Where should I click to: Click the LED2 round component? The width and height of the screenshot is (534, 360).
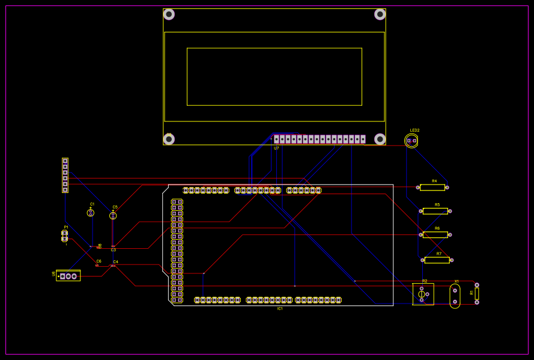(411, 141)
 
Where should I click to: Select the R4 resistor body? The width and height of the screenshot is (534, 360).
(432, 188)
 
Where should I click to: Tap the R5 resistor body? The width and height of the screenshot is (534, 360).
(435, 211)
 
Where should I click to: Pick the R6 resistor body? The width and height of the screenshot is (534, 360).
(435, 234)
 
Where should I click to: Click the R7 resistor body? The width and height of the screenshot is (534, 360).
(437, 260)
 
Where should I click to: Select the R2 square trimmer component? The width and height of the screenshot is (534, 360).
(423, 294)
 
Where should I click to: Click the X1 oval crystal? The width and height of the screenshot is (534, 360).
(455, 296)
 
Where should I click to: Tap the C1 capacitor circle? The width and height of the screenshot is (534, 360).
(91, 213)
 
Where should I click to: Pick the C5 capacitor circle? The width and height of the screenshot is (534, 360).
(113, 215)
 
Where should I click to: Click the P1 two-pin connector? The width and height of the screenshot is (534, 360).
(65, 236)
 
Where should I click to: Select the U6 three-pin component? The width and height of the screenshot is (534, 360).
(68, 276)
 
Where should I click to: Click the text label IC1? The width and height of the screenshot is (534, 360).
(280, 308)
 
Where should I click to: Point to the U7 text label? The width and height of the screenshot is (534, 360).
(276, 148)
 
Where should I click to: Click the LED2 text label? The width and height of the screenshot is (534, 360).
(414, 130)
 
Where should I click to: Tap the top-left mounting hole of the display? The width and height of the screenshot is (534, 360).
(169, 14)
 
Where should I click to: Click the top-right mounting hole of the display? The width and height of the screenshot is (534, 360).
(380, 14)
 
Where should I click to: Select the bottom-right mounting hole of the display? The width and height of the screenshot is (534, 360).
(380, 139)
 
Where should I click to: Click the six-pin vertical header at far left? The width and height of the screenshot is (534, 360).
(65, 175)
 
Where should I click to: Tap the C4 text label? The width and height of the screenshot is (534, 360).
(116, 262)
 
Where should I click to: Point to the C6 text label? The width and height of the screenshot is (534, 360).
(99, 261)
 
